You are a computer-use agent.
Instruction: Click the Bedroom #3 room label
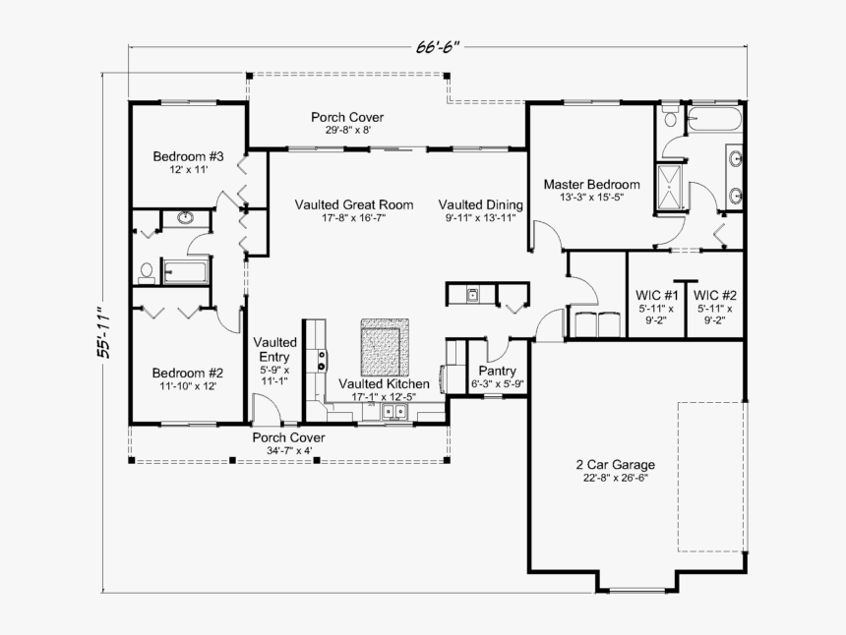pyautogui.click(x=188, y=156)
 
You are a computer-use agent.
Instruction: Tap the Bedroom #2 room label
pyautogui.click(x=188, y=373)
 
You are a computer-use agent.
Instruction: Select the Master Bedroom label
pyautogui.click(x=591, y=184)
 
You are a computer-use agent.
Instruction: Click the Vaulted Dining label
pyautogui.click(x=480, y=204)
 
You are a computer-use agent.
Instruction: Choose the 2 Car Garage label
pyautogui.click(x=615, y=465)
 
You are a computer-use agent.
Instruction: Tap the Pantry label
pyautogui.click(x=497, y=371)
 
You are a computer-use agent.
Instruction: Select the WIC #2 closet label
pyautogui.click(x=715, y=294)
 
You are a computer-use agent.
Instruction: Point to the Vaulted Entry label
pyautogui.click(x=275, y=349)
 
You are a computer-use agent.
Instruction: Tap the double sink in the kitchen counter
pyautogui.click(x=396, y=412)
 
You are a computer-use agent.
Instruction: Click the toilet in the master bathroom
pyautogui.click(x=670, y=118)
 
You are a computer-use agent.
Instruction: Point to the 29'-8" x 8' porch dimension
pyautogui.click(x=347, y=130)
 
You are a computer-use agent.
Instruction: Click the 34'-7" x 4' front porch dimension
pyautogui.click(x=288, y=450)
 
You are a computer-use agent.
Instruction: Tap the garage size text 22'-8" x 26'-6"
pyautogui.click(x=615, y=478)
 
